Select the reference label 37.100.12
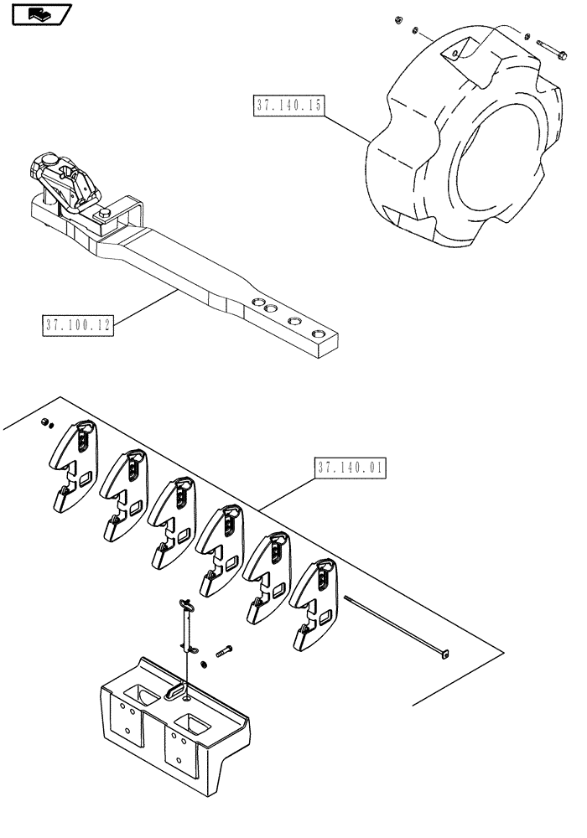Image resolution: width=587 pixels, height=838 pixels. (77, 323)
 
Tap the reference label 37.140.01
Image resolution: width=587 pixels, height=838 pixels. (351, 468)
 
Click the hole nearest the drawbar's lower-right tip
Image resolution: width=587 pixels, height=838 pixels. (319, 334)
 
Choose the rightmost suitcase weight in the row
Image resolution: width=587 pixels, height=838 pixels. (314, 603)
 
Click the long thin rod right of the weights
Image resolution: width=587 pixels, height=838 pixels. (394, 624)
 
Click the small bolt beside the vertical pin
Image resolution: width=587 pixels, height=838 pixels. (224, 650)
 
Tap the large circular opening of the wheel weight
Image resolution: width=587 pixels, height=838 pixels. (494, 168)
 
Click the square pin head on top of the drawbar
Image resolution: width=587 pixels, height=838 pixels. (107, 219)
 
